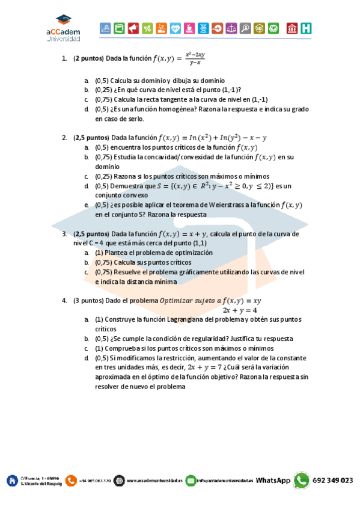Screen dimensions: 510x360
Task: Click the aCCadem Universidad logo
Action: pyautogui.click(x=63, y=29)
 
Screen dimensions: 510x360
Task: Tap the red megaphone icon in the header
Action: pyautogui.click(x=133, y=28)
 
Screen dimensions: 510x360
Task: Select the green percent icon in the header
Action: pyautogui.click(x=147, y=28)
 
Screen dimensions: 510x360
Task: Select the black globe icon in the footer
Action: pyautogui.click(x=119, y=481)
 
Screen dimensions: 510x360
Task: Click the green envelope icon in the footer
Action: pyautogui.click(x=191, y=481)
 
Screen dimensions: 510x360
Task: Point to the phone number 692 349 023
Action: pyautogui.click(x=333, y=481)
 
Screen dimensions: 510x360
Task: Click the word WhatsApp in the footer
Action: pyautogui.click(x=273, y=481)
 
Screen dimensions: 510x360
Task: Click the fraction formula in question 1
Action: pyautogui.click(x=195, y=58)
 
